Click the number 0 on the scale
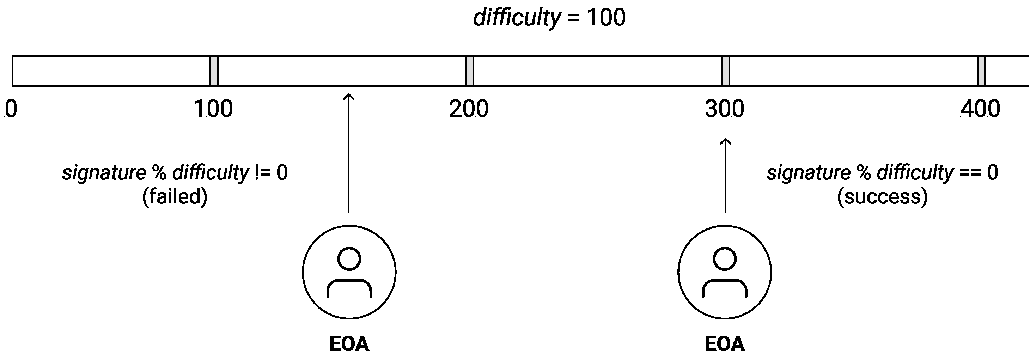[11, 109]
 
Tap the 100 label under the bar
[213, 109]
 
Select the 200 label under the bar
[469, 109]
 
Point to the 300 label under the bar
[724, 109]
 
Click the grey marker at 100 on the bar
[214, 71]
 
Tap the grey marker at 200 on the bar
[469, 71]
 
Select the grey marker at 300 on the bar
[725, 71]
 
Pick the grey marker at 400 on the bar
[981, 71]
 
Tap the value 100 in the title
[605, 18]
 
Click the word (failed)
[175, 197]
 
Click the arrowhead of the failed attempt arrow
[349, 97]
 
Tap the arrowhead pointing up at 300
[725, 142]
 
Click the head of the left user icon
[349, 259]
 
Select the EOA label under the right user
[724, 344]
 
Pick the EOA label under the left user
[349, 344]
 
